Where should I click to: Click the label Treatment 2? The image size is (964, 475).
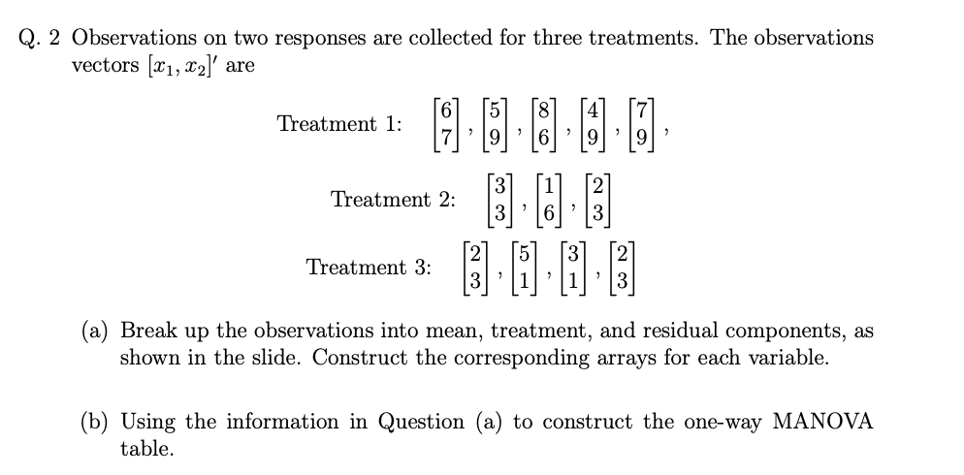393,200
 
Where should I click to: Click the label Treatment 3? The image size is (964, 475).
369,268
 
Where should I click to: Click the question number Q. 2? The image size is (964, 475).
41,39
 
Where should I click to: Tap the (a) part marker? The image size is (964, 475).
96,331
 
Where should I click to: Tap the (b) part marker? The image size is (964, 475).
96,422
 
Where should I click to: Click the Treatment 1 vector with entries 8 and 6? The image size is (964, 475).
548,125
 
